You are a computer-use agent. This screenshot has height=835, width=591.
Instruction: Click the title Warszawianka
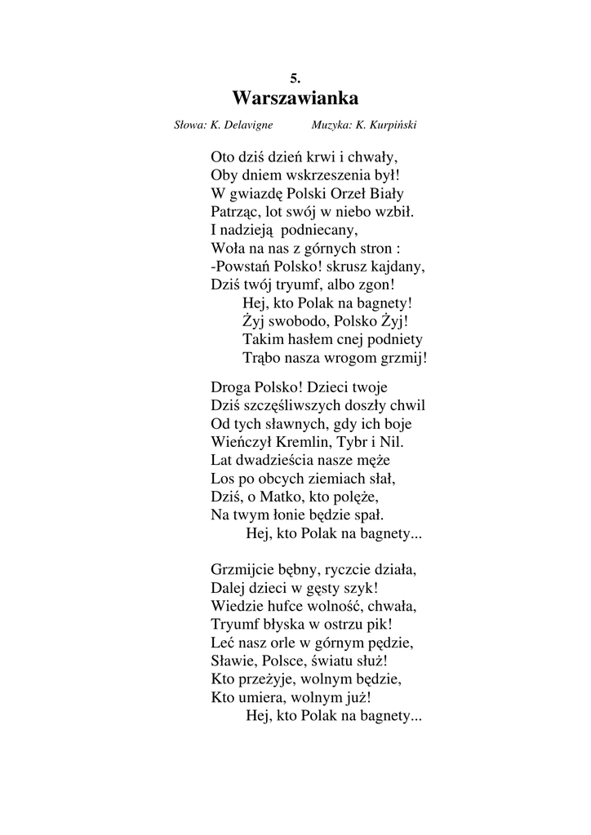(x=295, y=99)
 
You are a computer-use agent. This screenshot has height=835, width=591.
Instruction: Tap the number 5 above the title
(x=295, y=78)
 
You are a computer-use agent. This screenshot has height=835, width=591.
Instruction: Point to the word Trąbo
(x=261, y=358)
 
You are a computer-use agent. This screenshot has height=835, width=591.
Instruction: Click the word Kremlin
(x=300, y=442)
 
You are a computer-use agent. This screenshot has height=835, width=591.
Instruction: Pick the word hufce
(x=289, y=605)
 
